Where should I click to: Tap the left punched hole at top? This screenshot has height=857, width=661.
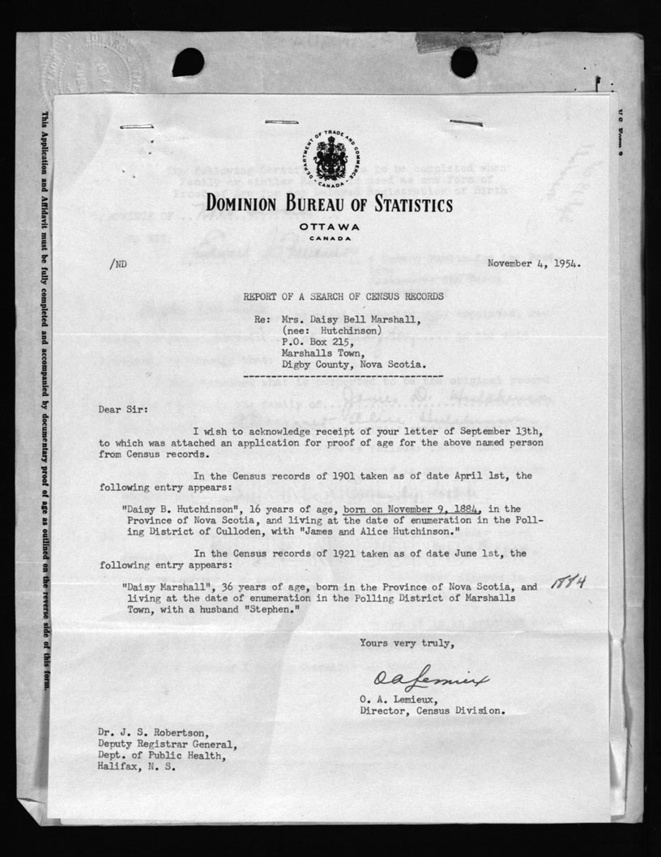(x=188, y=62)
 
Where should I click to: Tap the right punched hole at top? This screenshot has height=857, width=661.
(x=463, y=62)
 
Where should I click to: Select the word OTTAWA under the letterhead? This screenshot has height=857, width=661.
(x=329, y=226)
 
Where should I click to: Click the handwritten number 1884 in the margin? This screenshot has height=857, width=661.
(x=568, y=582)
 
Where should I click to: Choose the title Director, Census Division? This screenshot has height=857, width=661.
(x=433, y=711)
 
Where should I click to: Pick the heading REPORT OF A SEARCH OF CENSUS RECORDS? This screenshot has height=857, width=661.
(x=343, y=297)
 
